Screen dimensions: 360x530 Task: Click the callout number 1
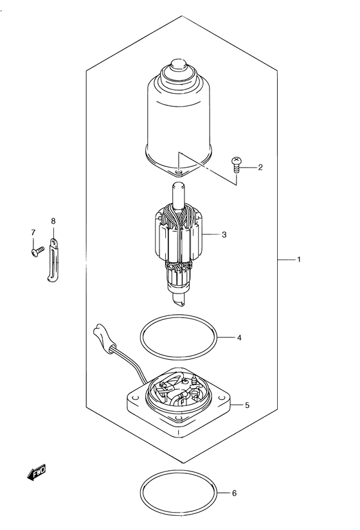299,260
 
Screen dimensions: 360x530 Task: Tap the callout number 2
260,167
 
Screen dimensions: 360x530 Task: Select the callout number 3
224,234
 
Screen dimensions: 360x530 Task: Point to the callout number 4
239,337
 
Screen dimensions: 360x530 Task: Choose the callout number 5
247,405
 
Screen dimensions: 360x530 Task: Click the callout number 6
235,493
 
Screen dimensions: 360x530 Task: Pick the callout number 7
33,233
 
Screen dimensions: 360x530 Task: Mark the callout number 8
53,221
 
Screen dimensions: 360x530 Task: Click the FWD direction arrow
36,473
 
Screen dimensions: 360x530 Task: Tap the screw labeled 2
237,164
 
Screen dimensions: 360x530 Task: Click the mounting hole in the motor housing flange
179,173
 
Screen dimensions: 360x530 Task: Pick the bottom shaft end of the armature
178,300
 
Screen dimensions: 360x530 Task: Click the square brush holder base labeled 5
179,402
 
